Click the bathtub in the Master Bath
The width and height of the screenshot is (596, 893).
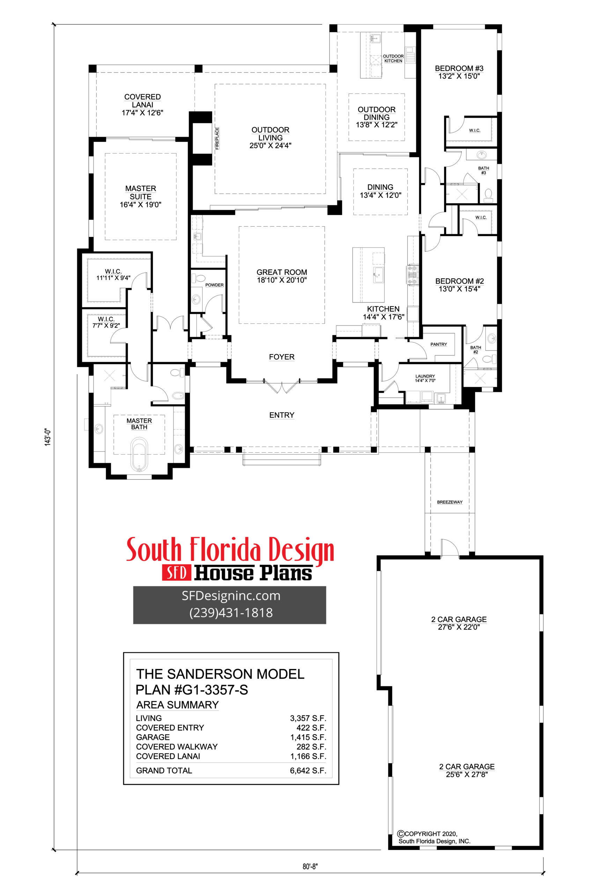tap(139, 454)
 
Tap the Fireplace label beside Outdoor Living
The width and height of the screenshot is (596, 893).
tap(217, 138)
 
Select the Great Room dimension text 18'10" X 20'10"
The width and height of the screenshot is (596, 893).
tap(282, 280)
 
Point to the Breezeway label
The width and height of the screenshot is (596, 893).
tap(450, 502)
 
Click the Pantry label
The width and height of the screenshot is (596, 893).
tap(438, 344)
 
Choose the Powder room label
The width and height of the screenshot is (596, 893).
tap(214, 285)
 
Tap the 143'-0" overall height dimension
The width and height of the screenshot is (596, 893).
tap(48, 437)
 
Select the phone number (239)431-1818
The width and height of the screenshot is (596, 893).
tap(231, 613)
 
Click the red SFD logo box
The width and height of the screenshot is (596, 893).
tap(176, 573)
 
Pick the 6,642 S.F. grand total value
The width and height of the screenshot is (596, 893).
tap(308, 770)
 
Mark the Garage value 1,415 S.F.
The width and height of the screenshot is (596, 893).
tap(308, 737)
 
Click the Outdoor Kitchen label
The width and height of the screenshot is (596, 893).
tap(393, 59)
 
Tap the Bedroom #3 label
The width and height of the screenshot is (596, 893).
tap(459, 68)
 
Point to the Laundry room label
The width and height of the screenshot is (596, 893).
tap(425, 376)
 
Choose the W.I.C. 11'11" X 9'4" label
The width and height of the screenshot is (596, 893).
tap(113, 275)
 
